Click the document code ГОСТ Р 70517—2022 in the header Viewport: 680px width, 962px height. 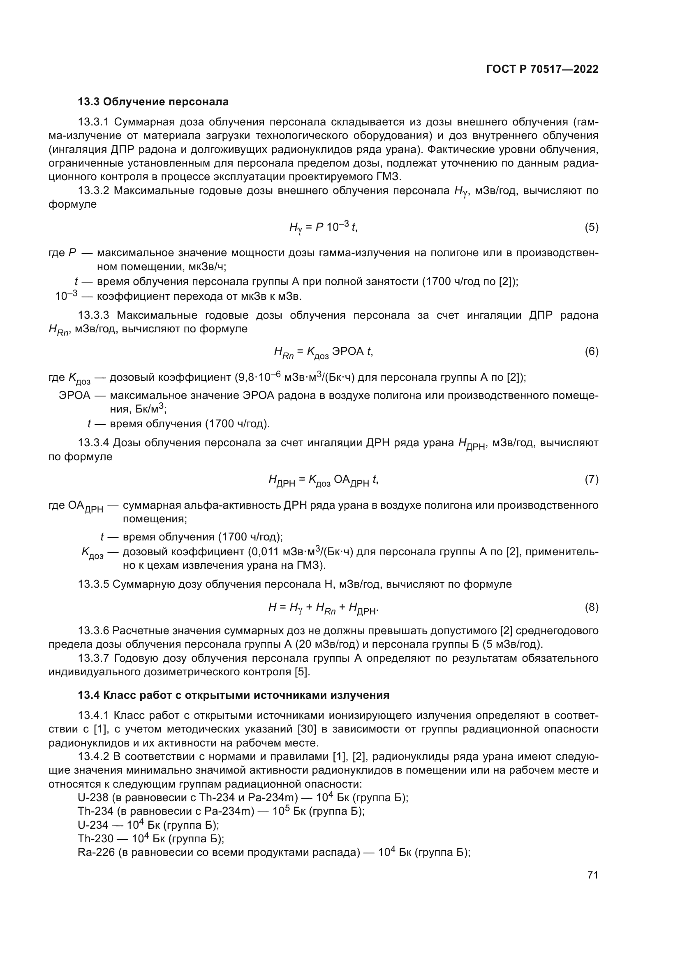pos(542,70)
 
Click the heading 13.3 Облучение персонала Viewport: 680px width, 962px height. pos(153,102)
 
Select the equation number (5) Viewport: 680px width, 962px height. pos(591,227)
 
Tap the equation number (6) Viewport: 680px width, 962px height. pos(591,352)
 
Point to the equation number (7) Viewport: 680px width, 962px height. pos(591,479)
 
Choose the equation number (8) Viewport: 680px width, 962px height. pos(591,607)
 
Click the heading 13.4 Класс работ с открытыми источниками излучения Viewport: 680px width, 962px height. pos(234,695)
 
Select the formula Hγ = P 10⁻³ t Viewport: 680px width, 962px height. pos(323,227)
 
